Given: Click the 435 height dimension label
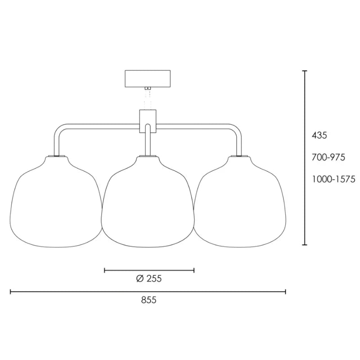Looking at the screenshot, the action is [x=319, y=135].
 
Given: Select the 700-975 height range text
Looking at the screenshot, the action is [x=328, y=157].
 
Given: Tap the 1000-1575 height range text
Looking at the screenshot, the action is [x=333, y=179].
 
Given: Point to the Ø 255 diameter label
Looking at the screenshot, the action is [x=149, y=279].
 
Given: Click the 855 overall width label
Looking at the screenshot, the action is [x=149, y=300].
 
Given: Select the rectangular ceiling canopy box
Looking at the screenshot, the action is [x=148, y=79].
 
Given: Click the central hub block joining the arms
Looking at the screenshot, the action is [x=148, y=121].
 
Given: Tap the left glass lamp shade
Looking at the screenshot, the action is [x=57, y=202].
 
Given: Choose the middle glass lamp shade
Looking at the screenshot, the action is [x=148, y=202].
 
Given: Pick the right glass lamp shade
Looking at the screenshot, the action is [x=240, y=202].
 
